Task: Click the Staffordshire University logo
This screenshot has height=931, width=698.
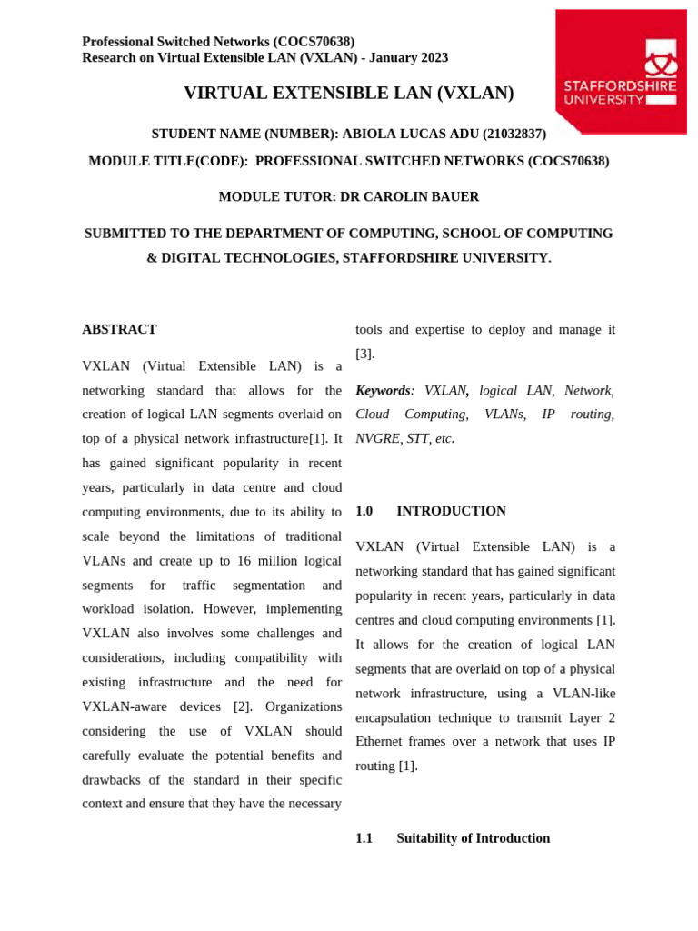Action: coord(621,71)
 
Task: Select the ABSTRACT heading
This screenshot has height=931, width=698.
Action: coord(119,329)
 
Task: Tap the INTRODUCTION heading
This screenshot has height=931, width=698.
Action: coord(451,511)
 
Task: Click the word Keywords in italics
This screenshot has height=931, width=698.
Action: coord(383,390)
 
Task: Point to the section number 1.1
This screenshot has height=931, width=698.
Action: coord(364,838)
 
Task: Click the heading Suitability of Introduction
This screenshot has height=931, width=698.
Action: coord(473,838)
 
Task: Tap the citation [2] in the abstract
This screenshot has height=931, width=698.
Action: coord(243,706)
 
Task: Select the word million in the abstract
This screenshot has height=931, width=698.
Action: coord(277,560)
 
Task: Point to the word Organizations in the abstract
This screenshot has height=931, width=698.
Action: coord(304,706)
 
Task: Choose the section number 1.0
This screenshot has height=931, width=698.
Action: coord(364,511)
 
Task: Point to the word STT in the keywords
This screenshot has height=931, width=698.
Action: coord(417,438)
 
